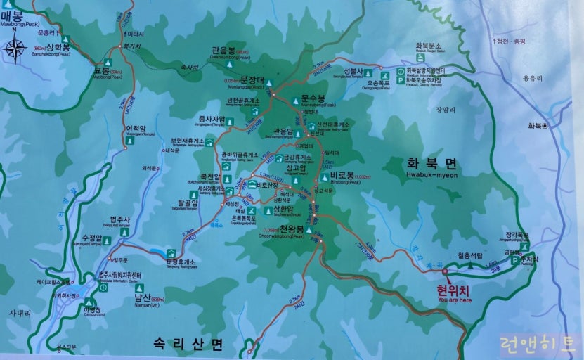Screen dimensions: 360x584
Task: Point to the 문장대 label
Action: (x=251, y=79)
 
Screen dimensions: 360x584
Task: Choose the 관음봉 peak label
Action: (x=224, y=51)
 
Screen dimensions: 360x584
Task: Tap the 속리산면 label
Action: (x=188, y=343)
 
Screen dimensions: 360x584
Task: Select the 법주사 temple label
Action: (x=120, y=220)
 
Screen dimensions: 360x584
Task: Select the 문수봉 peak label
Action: (x=313, y=99)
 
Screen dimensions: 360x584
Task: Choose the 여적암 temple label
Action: (x=135, y=129)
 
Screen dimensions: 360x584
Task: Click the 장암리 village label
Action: (x=446, y=109)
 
